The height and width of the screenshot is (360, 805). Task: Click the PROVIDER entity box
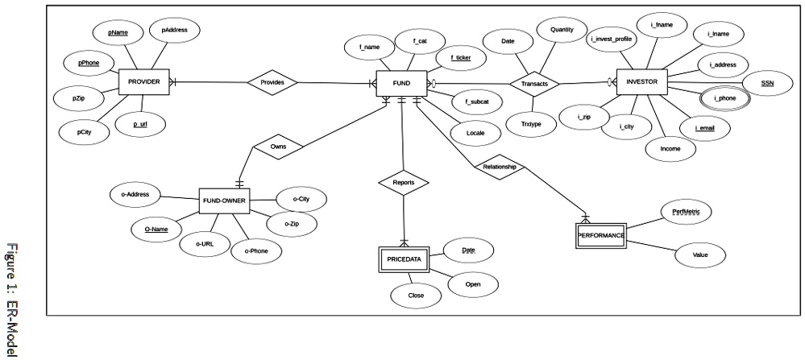(143, 82)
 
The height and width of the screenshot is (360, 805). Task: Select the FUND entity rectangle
(400, 83)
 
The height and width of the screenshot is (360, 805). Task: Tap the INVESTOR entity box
(641, 82)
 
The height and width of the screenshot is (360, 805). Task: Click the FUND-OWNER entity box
(223, 201)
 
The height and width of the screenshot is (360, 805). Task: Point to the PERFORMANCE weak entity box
(600, 235)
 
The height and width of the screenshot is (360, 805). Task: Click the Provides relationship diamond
(272, 82)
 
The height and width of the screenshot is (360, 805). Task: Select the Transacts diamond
(534, 84)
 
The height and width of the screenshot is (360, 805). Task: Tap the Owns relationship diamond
(277, 147)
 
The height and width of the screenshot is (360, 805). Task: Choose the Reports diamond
(404, 183)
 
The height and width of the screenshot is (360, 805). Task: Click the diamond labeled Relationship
(499, 168)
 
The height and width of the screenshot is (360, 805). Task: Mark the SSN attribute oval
(766, 83)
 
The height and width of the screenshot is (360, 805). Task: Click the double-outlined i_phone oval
(724, 98)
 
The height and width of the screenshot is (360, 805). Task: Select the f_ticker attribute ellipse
(461, 58)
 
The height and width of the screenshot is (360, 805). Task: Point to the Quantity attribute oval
(562, 30)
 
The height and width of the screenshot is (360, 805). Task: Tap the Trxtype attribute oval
(531, 124)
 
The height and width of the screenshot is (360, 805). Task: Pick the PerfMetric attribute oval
(686, 213)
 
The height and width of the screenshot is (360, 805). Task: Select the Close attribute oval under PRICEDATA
(416, 296)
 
